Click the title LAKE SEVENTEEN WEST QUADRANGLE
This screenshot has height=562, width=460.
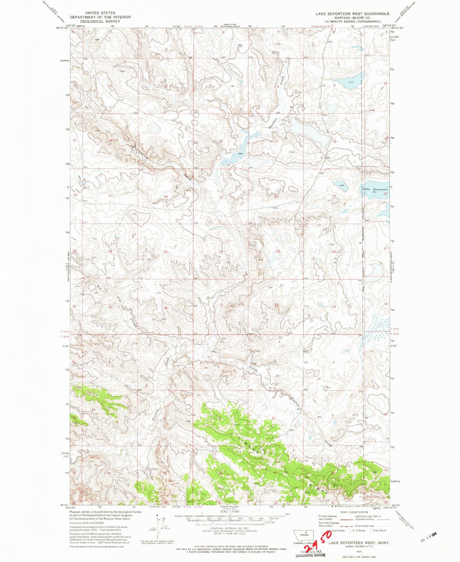[352, 14]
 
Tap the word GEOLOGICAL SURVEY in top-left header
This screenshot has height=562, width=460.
[100, 21]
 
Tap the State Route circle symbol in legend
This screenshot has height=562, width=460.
[371, 530]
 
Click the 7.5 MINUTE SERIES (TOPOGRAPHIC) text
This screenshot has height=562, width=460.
[352, 21]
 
